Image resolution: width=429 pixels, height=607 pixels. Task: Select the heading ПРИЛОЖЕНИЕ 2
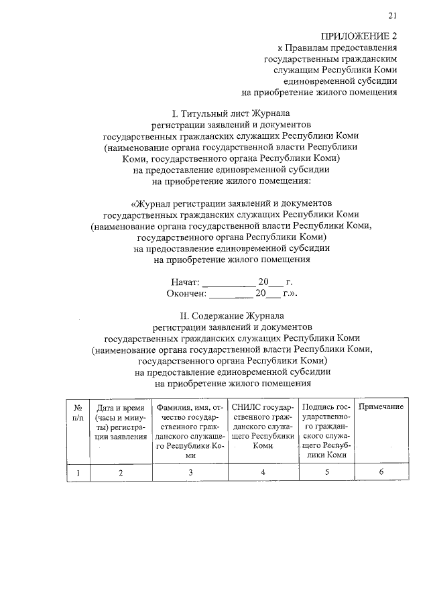click(359, 36)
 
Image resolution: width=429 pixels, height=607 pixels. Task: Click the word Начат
click(184, 282)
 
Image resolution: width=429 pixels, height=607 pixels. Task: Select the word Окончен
click(187, 293)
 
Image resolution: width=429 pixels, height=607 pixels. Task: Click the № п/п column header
click(78, 412)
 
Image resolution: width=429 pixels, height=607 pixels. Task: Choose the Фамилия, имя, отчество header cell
click(190, 431)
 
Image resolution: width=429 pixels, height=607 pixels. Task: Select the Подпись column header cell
click(326, 431)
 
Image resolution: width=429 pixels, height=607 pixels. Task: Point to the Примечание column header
click(381, 407)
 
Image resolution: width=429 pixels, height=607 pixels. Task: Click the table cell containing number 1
click(78, 473)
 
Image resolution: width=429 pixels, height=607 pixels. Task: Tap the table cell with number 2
click(121, 473)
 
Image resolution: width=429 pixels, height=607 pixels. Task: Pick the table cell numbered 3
click(190, 473)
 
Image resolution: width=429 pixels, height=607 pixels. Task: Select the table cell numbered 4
click(263, 473)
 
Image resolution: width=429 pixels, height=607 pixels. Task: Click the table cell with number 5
click(326, 473)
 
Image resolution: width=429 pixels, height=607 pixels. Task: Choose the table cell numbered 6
click(381, 473)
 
